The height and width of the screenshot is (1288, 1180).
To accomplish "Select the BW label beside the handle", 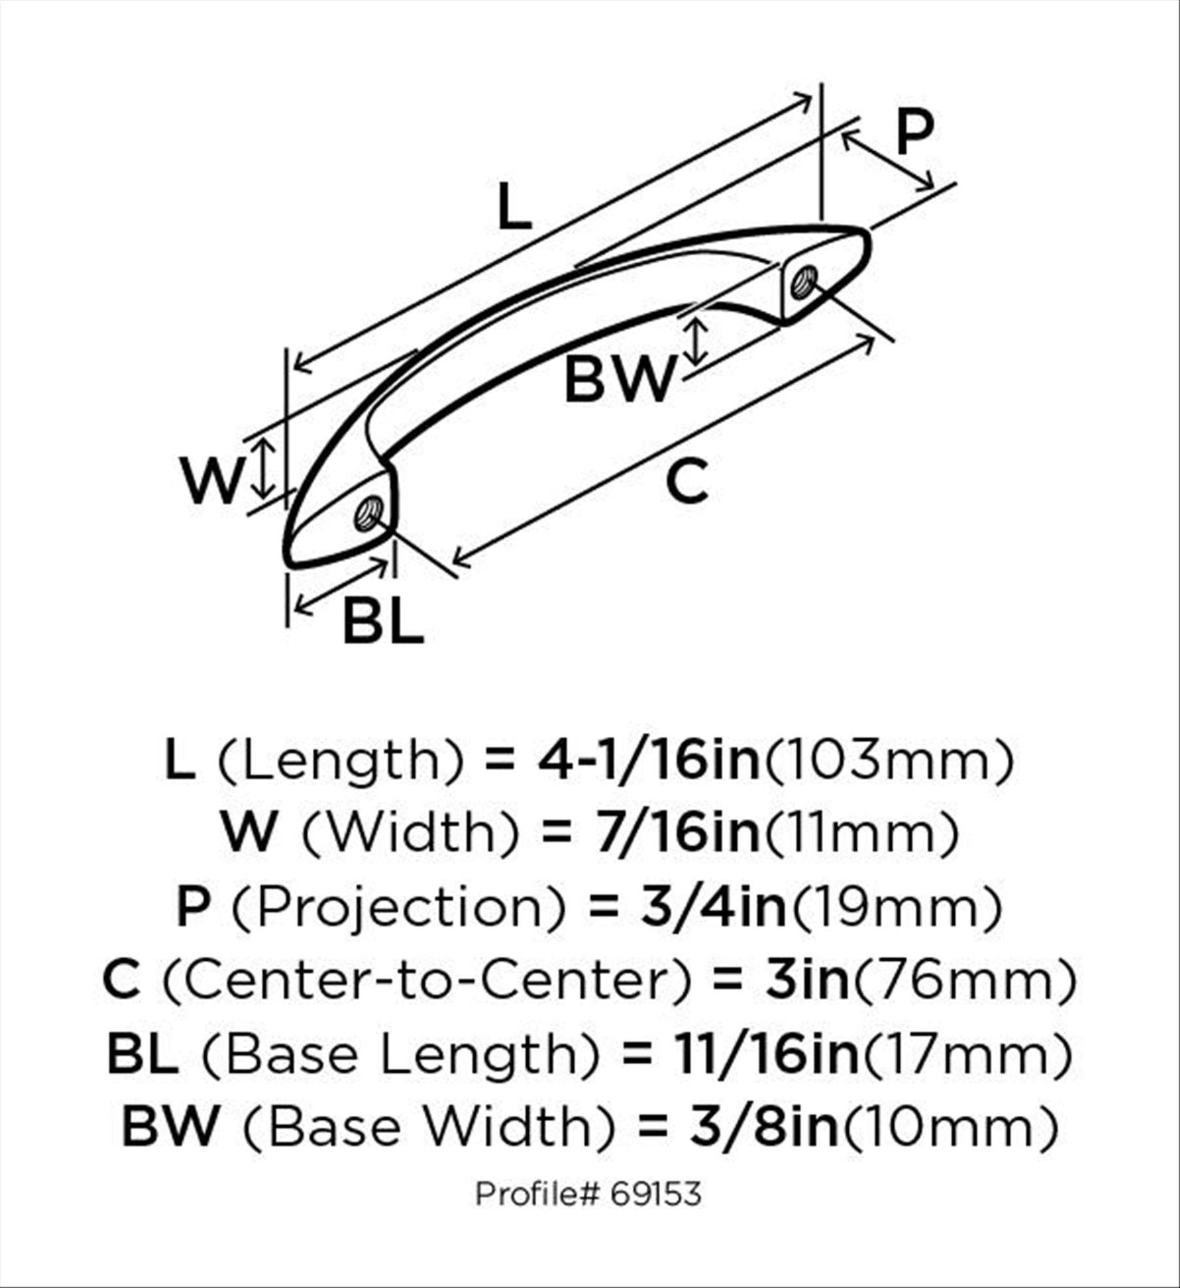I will coord(618,380).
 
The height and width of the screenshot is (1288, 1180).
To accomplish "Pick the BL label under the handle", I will coord(383,622).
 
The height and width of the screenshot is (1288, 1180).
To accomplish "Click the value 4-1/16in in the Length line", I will coord(649,760).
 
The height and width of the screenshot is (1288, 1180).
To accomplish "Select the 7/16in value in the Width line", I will coord(677,833).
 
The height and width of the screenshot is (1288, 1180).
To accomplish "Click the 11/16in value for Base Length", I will coord(767,1054).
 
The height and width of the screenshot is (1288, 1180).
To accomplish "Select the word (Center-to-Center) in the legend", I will coord(427,980).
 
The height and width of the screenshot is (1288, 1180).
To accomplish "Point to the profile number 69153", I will coord(656,1194).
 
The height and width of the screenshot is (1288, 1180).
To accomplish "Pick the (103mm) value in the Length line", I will coord(889,760).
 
